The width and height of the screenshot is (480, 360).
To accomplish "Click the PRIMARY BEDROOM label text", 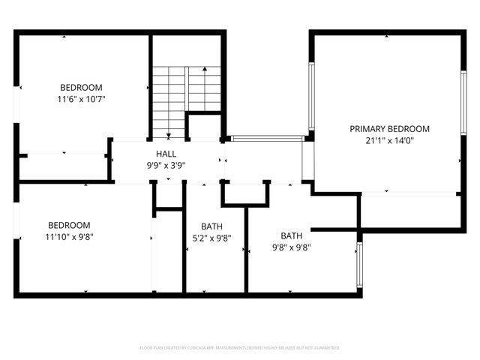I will [389, 128].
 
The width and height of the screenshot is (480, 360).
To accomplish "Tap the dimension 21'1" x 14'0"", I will [389, 139].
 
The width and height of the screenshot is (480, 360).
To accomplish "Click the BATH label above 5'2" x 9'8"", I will [211, 226].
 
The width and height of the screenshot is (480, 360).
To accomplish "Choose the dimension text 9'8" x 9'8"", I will [291, 247].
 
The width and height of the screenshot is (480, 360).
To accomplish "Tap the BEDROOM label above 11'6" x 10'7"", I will [81, 88].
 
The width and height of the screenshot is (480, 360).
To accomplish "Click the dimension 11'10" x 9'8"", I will [69, 236].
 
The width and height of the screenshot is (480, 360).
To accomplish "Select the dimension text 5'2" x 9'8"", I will [211, 238].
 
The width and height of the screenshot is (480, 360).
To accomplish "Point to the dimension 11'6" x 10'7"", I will [81, 99].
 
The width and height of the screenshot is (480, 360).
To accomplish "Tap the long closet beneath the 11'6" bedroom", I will [64, 167].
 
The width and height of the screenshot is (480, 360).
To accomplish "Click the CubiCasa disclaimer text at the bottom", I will [240, 348].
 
